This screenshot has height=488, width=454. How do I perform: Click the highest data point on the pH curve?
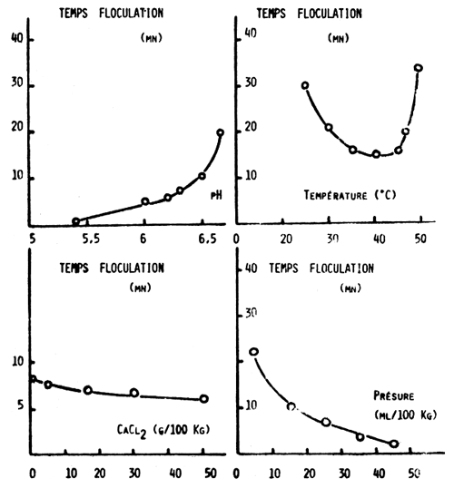220,132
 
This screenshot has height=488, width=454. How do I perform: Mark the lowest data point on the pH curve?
76,221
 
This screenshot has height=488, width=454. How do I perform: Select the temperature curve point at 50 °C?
418,68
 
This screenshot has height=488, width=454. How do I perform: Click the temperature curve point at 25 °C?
305,86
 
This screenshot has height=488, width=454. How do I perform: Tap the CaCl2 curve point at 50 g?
203,399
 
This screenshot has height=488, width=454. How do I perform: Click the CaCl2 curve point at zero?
33,379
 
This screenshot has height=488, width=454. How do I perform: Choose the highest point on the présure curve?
254,352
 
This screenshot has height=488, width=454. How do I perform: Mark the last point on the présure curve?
394,444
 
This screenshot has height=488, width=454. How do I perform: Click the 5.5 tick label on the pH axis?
89,239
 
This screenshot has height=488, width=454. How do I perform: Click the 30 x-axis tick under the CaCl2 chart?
133,473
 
